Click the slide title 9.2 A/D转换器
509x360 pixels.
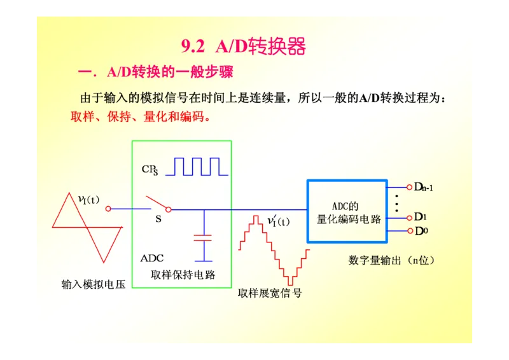coord(244,47)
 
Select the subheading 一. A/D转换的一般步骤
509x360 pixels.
coord(155,72)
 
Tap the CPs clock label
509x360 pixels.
coord(150,169)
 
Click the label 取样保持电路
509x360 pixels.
coord(183,275)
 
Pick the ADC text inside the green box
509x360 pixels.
coord(152,258)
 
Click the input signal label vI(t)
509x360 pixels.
coord(88,200)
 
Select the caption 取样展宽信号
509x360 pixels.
coord(270,293)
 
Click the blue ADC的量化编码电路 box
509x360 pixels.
coord(347,212)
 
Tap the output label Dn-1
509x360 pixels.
coord(424,187)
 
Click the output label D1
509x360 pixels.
coord(421,217)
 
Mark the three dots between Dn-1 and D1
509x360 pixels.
coord(396,202)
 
